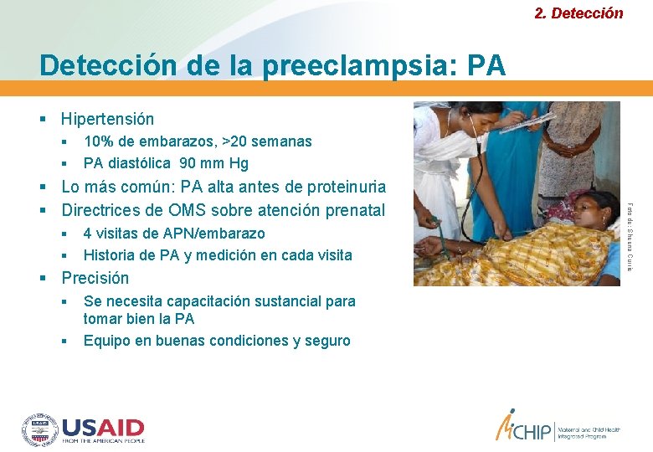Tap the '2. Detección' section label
578,13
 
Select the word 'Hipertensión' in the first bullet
107,120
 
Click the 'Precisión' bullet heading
95,278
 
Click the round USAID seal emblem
39,430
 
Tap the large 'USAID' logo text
103,428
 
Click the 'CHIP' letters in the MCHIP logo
536,432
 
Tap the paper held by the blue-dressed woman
527,124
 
